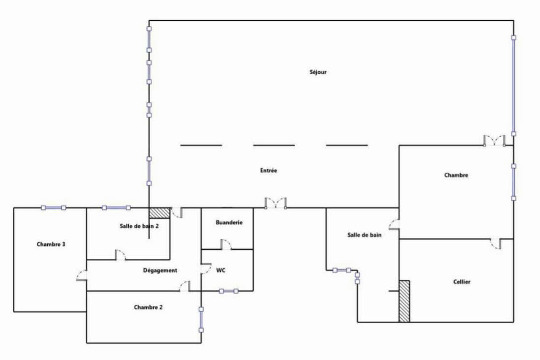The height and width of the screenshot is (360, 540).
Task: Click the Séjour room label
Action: click(318, 72)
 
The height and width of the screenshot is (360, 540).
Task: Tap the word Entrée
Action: click(269, 171)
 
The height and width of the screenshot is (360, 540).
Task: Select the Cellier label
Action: click(462, 282)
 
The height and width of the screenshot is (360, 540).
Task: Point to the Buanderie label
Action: click(229, 222)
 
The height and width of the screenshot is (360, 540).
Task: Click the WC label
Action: click(221, 270)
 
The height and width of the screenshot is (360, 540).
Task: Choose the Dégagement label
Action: click(160, 271)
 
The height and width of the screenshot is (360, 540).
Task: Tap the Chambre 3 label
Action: click(51, 244)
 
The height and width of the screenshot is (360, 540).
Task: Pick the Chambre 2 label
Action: click(148, 307)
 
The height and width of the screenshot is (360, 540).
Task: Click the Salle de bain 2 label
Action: click(139, 226)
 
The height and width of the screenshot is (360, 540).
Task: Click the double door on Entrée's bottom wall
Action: click(275, 203)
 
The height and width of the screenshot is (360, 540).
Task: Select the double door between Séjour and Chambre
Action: click(494, 141)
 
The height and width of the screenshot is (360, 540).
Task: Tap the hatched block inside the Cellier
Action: click(404, 301)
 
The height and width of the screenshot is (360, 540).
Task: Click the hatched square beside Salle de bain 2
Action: click(159, 213)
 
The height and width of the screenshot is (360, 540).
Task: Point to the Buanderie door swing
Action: click(226, 244)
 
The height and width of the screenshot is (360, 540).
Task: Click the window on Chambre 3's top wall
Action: click(54, 208)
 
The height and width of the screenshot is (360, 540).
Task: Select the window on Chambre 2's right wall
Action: click(201, 319)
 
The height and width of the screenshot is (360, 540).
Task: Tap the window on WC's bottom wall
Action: click(229, 291)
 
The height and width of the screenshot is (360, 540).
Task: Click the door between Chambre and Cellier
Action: click(496, 244)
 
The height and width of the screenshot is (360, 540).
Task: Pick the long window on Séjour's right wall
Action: click(513, 86)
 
